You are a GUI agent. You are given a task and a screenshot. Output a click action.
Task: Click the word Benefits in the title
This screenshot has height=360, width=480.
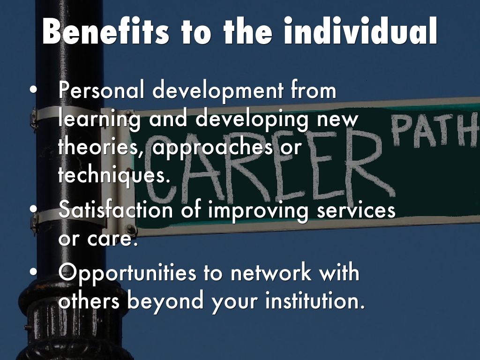click(105, 31)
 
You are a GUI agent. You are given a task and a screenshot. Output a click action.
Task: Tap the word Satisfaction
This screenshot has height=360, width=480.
click(116, 210)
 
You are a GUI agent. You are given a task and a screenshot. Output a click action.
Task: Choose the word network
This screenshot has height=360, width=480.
click(270, 272)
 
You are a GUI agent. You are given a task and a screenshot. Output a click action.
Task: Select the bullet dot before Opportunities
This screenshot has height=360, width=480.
click(33, 272)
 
